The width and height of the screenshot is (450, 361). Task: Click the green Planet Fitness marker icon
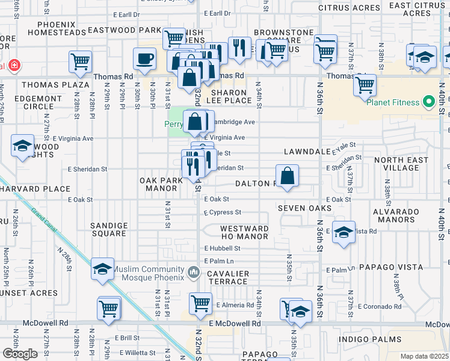tap(429, 102)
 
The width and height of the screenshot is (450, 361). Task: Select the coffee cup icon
tap(144, 59)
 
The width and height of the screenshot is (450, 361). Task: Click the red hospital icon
tap(11, 65)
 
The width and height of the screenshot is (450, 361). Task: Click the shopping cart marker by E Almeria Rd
tap(200, 303)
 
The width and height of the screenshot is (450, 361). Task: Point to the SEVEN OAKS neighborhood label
tap(304, 208)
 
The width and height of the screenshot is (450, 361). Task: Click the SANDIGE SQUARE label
tap(109, 230)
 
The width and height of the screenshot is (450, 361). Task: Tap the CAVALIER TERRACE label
tap(228, 278)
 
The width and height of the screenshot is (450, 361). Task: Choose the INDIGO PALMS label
tap(368, 340)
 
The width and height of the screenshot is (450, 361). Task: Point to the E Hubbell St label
tap(222, 248)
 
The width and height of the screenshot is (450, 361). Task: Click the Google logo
tap(20, 353)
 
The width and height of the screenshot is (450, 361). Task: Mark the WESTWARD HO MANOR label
tap(244, 233)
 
